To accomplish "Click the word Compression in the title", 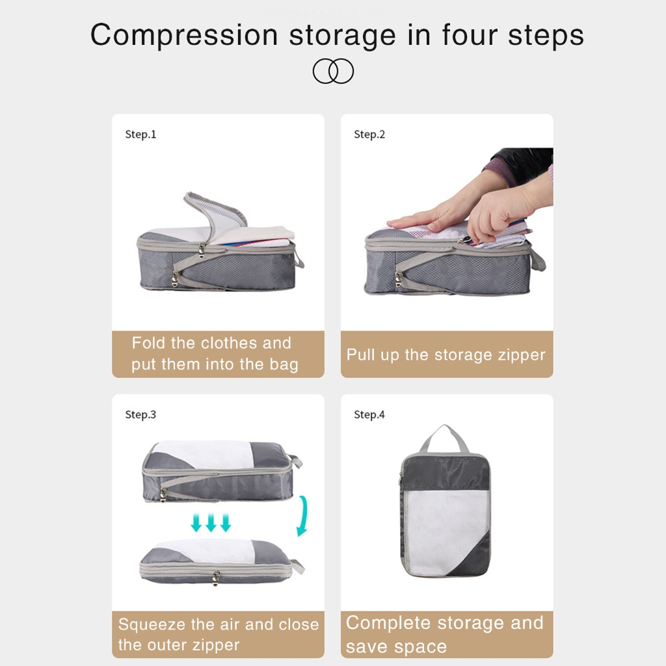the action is coord(184,36).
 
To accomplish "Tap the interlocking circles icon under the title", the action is coord(333,71).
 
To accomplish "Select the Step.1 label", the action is coord(140,135).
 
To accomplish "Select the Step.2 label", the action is coord(369,135).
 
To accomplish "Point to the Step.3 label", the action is coord(140,414).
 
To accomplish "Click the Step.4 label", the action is coord(369,414).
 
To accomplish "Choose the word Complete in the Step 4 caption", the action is coord(388,622).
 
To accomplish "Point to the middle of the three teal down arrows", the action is coord(211,522).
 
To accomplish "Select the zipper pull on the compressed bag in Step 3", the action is coord(216,578).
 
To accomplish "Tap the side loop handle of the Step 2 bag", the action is coord(538,260).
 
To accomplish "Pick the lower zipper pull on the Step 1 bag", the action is coord(175,278).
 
